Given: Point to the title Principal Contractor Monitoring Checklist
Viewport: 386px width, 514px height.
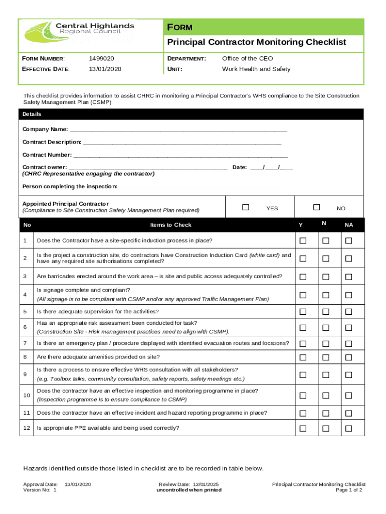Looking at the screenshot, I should point(256,42).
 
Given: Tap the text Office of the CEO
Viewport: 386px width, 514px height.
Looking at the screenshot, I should point(247,59).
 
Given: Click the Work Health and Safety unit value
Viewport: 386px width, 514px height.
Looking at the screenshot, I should point(256,69).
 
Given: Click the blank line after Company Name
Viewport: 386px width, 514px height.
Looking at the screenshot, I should point(178,130).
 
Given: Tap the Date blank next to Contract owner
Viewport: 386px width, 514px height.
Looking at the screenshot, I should point(271,168).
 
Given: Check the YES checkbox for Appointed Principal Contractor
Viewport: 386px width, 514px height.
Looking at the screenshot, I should point(246,207).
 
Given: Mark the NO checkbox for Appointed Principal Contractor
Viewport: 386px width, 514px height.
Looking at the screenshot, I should point(316,207).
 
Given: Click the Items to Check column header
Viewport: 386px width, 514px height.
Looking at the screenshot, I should point(170,225).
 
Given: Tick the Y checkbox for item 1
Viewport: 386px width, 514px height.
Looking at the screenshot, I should point(303,241).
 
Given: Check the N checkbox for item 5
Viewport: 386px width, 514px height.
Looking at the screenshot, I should point(326,312).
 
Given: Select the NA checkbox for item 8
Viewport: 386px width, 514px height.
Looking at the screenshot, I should point(348,357).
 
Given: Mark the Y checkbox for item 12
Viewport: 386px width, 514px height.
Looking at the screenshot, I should point(303,428).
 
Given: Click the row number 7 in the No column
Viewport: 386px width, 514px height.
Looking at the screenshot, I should point(25,343).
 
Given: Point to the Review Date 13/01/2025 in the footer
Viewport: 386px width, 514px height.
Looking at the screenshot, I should point(188,485).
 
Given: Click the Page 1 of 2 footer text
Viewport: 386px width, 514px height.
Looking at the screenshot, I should point(349,490).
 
